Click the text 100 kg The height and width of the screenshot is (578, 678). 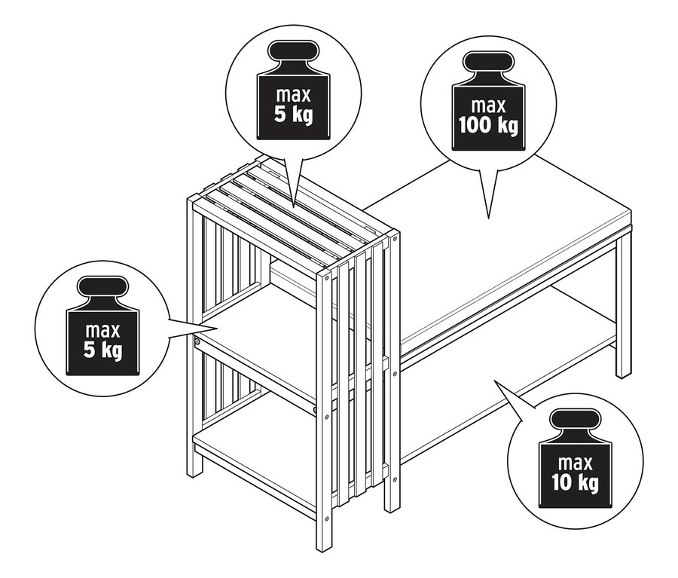click(488, 125)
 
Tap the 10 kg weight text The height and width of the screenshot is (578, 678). click(576, 482)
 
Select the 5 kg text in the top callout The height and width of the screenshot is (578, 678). click(293, 115)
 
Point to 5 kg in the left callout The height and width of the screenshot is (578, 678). click(102, 350)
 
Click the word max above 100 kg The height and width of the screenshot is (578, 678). click(488, 106)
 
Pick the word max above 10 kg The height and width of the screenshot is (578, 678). click(576, 463)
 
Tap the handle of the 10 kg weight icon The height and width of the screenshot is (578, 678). click(576, 419)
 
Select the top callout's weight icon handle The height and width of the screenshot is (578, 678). click(294, 50)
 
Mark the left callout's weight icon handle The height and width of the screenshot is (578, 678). click(103, 286)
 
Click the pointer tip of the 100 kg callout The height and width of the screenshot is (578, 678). click(489, 219)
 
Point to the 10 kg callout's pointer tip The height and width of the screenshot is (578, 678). click(495, 381)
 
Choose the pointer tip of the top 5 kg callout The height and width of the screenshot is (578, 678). click(294, 208)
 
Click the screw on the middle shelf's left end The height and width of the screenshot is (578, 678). click(197, 341)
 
